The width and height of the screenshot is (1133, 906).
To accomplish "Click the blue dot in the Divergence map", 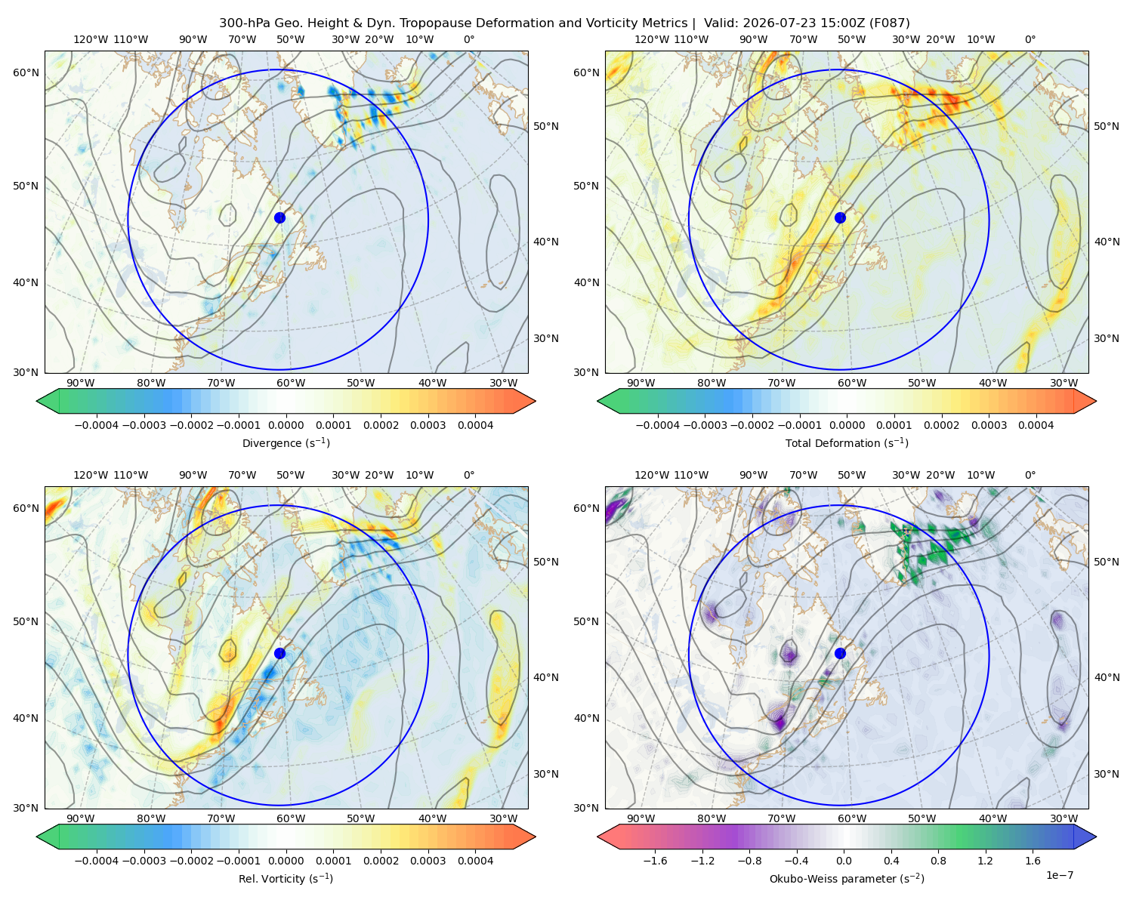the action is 279,217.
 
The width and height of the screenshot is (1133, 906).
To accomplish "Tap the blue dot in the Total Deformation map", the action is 840,217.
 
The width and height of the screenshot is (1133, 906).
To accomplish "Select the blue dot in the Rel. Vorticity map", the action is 279,653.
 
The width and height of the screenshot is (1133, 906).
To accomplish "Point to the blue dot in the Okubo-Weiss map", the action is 840,653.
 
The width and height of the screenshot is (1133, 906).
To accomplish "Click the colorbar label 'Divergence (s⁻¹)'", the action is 286,442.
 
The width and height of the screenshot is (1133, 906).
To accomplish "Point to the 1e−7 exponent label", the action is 1059,875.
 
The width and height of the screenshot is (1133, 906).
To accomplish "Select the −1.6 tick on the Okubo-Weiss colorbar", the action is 655,861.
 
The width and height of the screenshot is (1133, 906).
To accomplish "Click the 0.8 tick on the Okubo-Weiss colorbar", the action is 938,861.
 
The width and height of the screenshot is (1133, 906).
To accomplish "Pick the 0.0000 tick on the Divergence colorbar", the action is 286,425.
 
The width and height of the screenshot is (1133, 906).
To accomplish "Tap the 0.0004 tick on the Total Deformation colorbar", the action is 1036,425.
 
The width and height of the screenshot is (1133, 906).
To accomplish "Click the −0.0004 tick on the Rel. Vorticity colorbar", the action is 97,861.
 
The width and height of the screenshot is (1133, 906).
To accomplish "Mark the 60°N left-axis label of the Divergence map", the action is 26,72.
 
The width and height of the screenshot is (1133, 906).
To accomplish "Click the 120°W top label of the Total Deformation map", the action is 651,39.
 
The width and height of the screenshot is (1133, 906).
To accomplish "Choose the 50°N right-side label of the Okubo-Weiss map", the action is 1106,562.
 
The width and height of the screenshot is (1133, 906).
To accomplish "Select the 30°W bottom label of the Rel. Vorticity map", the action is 503,818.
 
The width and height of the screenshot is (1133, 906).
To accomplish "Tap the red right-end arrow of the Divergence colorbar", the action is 524,401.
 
